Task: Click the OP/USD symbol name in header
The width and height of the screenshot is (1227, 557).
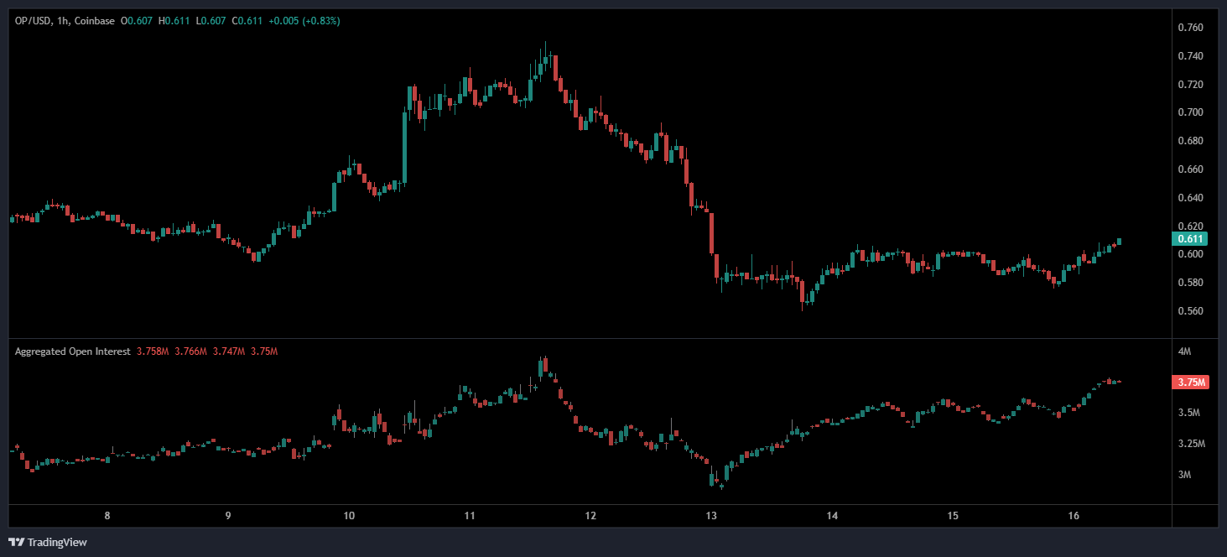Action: click(32, 21)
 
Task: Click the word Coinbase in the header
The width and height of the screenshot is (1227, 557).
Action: click(95, 21)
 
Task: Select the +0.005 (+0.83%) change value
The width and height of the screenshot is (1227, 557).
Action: click(304, 21)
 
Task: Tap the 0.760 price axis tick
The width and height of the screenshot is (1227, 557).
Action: click(1191, 28)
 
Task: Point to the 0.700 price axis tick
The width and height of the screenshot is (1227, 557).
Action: click(1191, 112)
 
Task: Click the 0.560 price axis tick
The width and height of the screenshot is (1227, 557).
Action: click(1191, 311)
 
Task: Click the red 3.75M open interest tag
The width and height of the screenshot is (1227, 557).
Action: click(1191, 383)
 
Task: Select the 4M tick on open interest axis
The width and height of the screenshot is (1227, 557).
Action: click(1184, 351)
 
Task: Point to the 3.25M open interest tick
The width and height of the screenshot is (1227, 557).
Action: click(1190, 444)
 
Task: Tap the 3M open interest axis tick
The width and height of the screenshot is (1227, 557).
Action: click(1184, 475)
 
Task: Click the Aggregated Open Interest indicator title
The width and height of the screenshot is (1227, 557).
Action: click(72, 351)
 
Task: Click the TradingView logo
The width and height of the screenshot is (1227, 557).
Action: click(48, 542)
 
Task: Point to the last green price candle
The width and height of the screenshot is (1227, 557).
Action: click(1119, 242)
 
